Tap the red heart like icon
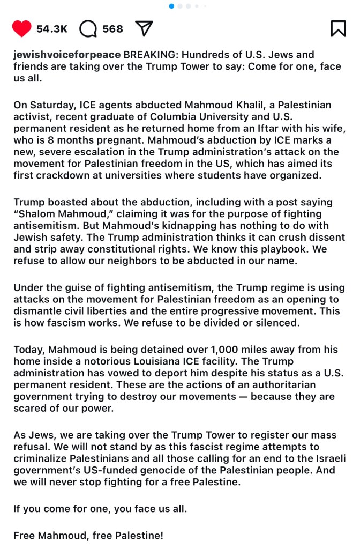(22, 28)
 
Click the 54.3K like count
(52, 29)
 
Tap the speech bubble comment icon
(88, 28)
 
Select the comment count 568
(112, 29)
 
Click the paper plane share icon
(144, 28)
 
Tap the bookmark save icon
(338, 28)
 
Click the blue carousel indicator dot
(171, 6)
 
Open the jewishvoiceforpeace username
(67, 55)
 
